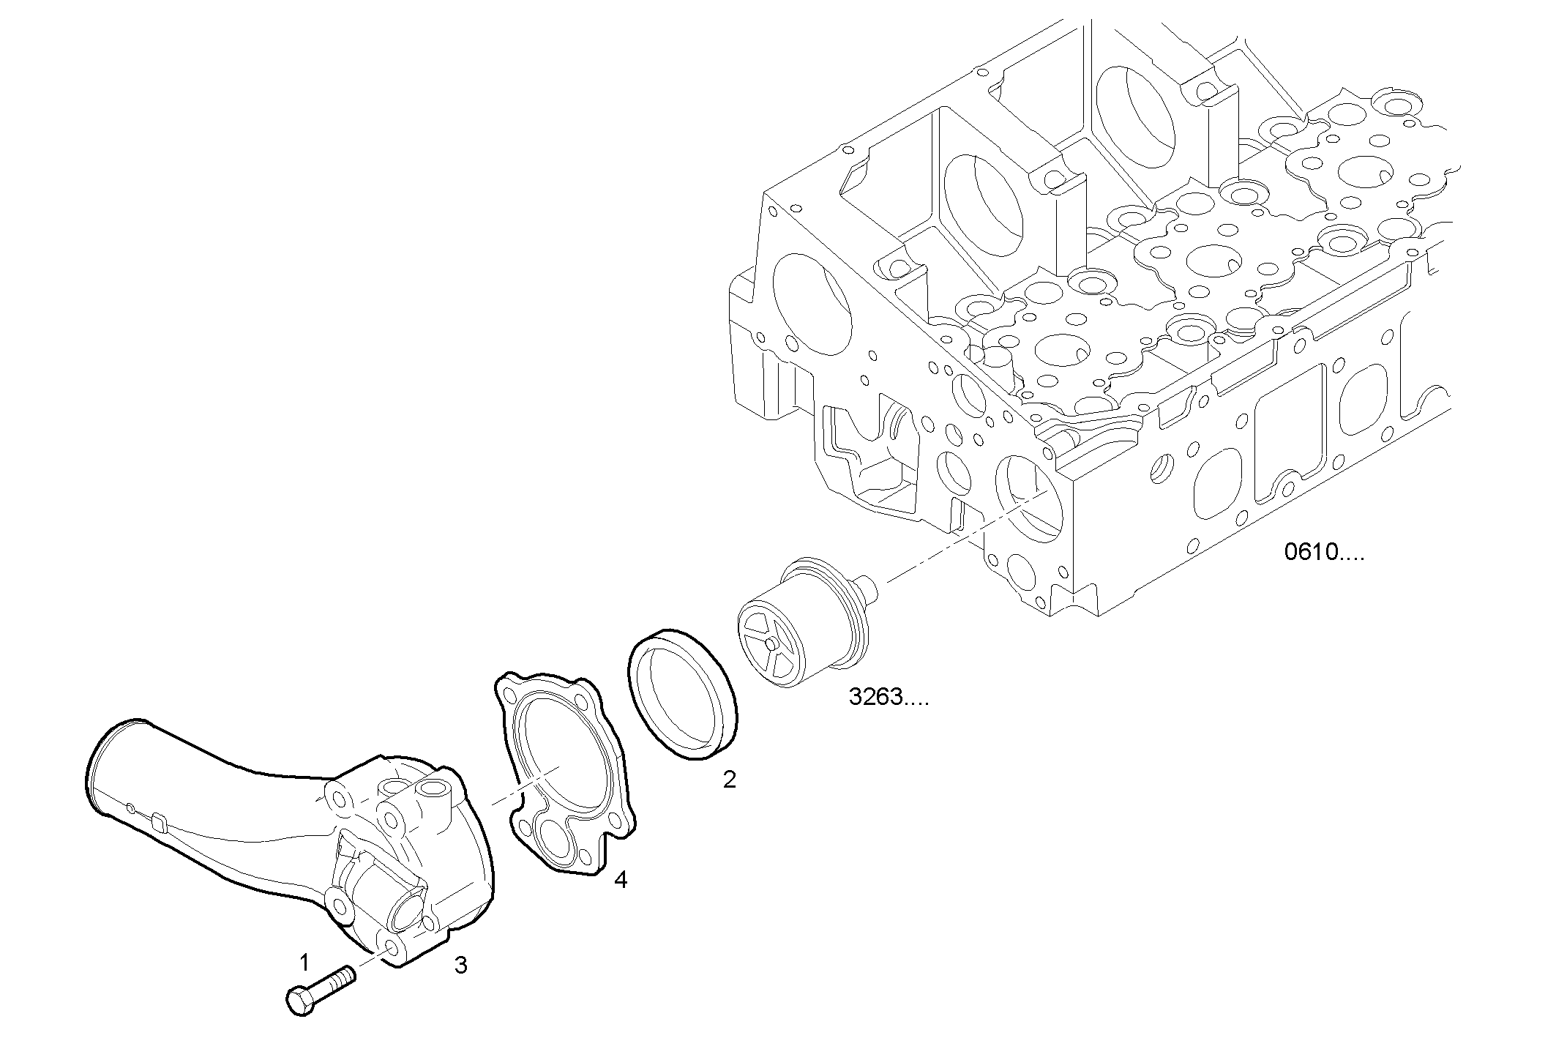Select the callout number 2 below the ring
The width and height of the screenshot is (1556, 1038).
(x=729, y=780)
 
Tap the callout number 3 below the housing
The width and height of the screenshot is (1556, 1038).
(x=460, y=966)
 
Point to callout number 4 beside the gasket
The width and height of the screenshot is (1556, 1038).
(x=621, y=880)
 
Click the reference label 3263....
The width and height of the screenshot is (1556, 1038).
(x=888, y=698)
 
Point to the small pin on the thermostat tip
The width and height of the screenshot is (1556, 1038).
(x=868, y=586)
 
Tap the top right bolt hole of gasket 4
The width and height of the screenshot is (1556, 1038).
(x=582, y=702)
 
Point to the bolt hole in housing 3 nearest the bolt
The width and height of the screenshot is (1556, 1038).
(x=392, y=949)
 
